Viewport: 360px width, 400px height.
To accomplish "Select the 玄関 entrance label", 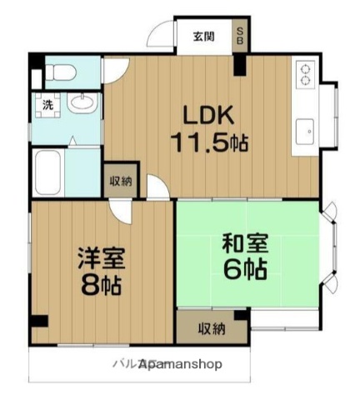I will coord(203,36).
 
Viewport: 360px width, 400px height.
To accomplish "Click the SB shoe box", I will coord(240,36).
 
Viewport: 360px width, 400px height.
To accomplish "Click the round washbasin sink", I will coord(81,104).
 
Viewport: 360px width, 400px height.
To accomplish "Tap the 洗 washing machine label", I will coord(39,106).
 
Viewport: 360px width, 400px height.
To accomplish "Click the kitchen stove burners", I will coord(303,75).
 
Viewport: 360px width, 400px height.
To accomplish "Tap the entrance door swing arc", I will coord(161,37).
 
